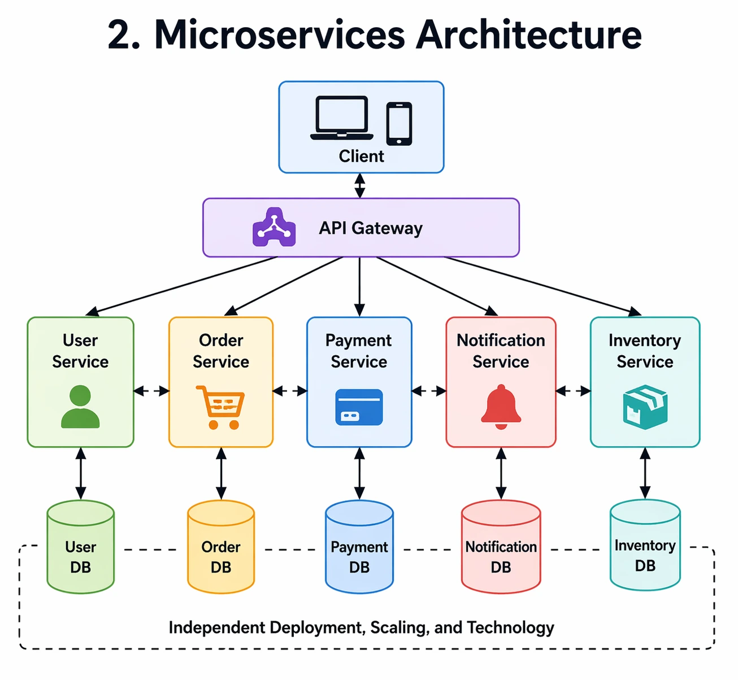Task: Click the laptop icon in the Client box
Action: click(341, 118)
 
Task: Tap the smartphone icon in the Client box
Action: click(399, 124)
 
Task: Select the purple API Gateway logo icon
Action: click(274, 228)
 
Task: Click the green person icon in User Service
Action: click(80, 407)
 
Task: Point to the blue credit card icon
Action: click(359, 407)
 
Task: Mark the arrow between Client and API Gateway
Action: click(360, 185)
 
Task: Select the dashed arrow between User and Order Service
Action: click(151, 391)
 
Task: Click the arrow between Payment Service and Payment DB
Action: click(359, 473)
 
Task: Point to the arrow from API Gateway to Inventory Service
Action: click(542, 285)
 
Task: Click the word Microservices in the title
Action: click(280, 35)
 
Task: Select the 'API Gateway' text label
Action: click(371, 228)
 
